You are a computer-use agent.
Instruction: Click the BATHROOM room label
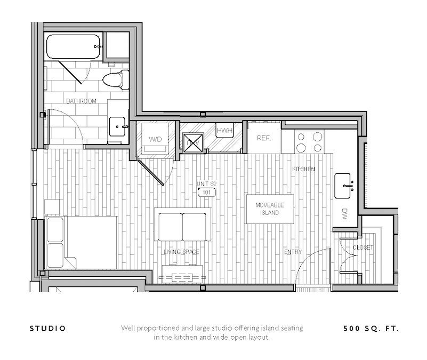81,101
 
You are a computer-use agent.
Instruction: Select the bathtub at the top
73,47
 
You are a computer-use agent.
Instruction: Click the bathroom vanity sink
118,127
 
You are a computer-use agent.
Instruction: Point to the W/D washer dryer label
155,139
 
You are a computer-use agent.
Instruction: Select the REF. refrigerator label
264,138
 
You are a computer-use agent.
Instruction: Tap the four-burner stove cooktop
310,142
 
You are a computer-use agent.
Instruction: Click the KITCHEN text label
303,169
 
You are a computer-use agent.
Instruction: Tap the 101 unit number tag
206,192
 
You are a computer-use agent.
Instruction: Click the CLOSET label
363,248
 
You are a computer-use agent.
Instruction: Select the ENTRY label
293,252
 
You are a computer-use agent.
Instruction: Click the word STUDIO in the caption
47,329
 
